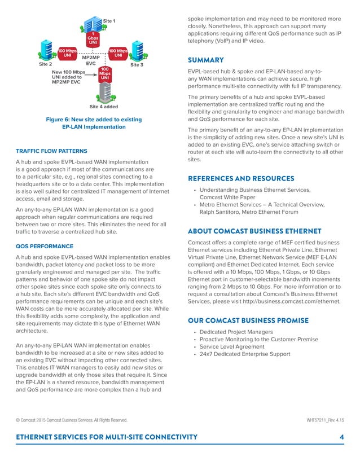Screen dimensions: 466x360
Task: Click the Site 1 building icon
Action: [90, 24]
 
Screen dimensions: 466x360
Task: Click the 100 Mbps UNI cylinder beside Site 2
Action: [67, 54]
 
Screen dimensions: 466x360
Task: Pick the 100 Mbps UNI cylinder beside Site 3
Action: [118, 54]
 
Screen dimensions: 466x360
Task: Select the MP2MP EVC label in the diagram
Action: [91, 60]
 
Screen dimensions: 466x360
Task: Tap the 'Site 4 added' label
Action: [104, 106]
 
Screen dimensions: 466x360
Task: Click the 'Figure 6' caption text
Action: [94, 123]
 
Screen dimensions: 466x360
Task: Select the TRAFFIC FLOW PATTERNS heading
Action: [51, 151]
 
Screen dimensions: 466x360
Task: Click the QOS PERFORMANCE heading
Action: [45, 247]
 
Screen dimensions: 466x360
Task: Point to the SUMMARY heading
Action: [205, 60]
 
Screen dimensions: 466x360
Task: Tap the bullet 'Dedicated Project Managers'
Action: [236, 332]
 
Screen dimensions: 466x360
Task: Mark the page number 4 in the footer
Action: [342, 437]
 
